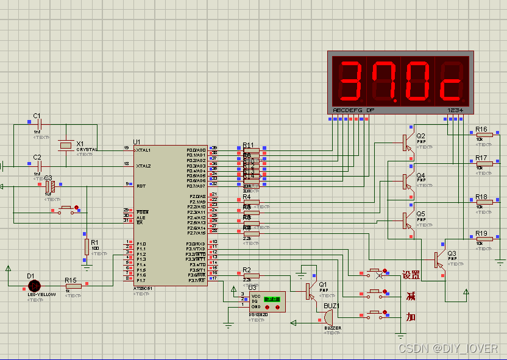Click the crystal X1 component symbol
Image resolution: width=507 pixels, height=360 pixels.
coord(65,144)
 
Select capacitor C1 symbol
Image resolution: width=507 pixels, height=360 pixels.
coord(38,122)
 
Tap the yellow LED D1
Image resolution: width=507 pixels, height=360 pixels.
coord(35,285)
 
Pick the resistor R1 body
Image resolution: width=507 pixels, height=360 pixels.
coord(87,246)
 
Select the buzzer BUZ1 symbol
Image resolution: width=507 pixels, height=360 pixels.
coord(328,317)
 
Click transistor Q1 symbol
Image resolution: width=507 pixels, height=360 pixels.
coord(310,291)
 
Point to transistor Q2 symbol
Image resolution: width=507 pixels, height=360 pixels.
coord(408,142)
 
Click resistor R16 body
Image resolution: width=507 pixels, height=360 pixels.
coord(484,135)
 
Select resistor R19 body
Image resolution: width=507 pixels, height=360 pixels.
coord(484,239)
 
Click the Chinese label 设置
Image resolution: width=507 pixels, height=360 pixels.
coord(411,275)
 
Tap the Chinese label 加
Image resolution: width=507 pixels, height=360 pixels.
coord(411,317)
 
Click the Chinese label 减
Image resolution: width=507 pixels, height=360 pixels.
coord(411,296)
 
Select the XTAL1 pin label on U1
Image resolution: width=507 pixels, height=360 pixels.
coord(144,150)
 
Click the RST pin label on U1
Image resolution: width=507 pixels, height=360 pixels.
coord(140,186)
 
